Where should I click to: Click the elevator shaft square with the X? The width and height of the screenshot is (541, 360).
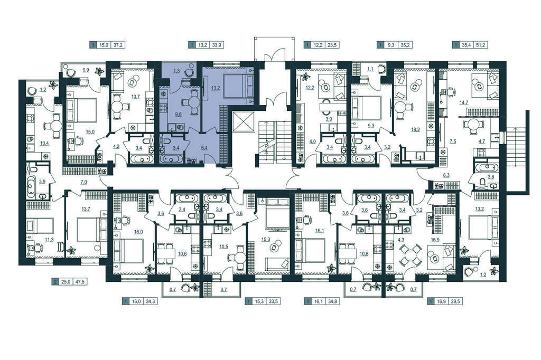tap(243, 122)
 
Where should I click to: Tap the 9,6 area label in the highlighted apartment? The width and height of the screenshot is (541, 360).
tap(178, 115)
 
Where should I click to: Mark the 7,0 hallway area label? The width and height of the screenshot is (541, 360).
tap(83, 182)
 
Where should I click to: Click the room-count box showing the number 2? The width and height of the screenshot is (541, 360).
tap(54, 282)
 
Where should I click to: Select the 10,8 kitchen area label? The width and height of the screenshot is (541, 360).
tap(364, 254)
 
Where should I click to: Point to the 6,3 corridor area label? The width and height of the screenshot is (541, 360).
tap(446, 175)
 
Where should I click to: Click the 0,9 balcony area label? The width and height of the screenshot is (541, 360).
tap(86, 70)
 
